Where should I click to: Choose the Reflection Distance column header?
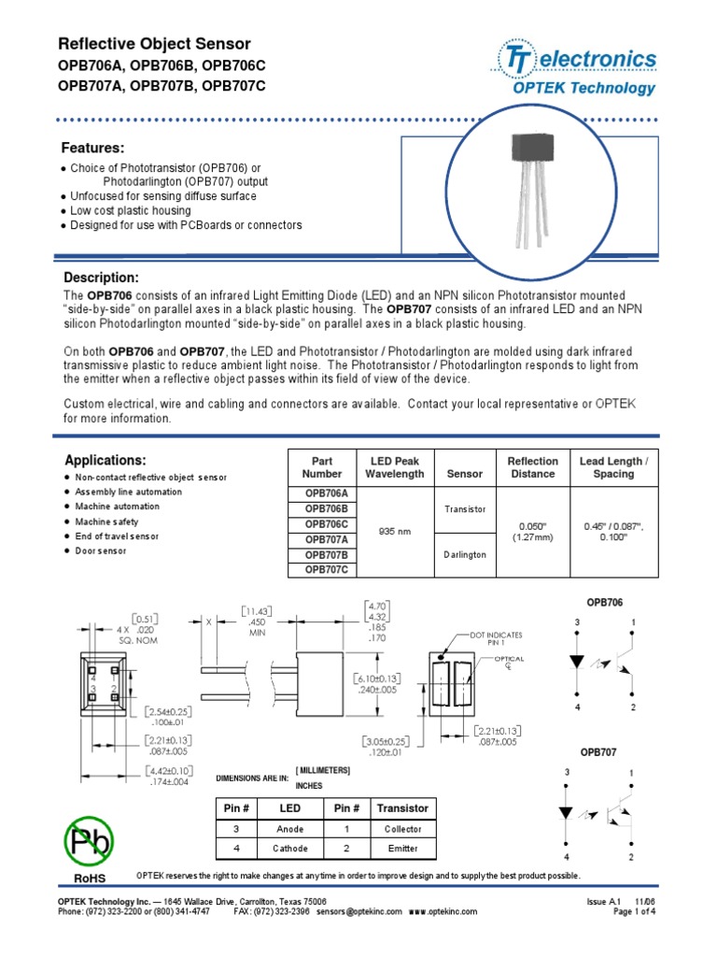pyautogui.click(x=532, y=467)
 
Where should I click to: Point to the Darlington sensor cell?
pyautogui.click(x=465, y=554)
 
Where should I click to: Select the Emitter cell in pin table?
pyautogui.click(x=401, y=850)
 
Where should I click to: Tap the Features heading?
pyautogui.click(x=92, y=148)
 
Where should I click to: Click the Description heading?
pyautogui.click(x=101, y=279)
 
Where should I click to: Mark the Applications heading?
pyautogui.click(x=105, y=461)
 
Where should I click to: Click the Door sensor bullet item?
pyautogui.click(x=101, y=551)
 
